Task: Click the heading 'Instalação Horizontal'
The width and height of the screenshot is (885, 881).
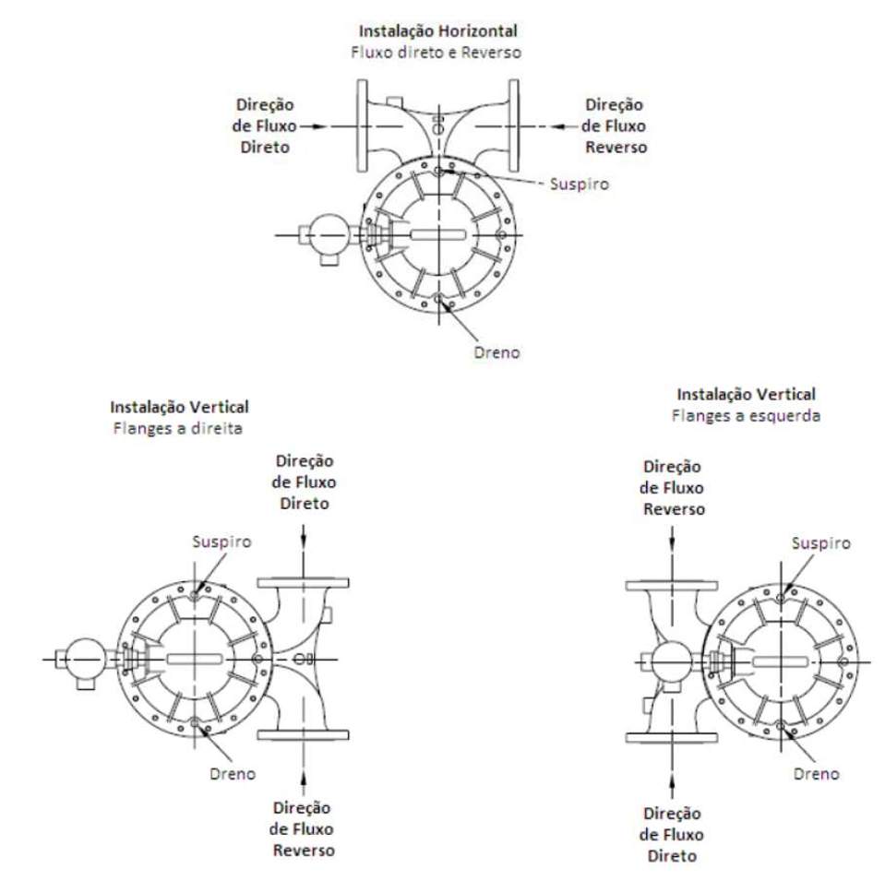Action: pyautogui.click(x=438, y=31)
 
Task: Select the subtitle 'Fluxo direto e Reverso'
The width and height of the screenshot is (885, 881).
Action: pyautogui.click(x=436, y=53)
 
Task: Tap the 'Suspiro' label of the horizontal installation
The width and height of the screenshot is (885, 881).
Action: pyautogui.click(x=580, y=185)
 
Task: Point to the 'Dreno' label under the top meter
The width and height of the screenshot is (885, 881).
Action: pyautogui.click(x=496, y=352)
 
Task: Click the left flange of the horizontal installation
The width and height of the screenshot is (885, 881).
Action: pyautogui.click(x=363, y=125)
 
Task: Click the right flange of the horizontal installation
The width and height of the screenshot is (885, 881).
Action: pyautogui.click(x=514, y=125)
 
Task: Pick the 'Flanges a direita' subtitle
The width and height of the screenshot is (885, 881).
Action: pyautogui.click(x=178, y=428)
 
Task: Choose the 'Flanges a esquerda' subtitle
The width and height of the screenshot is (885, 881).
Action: pyautogui.click(x=746, y=416)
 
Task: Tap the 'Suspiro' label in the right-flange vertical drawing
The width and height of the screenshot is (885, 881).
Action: pyautogui.click(x=221, y=542)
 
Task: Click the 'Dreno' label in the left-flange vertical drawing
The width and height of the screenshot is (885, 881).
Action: pyautogui.click(x=816, y=774)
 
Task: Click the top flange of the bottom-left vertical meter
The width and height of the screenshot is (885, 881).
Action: pyautogui.click(x=303, y=583)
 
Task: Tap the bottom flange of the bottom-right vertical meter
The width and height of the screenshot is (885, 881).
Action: pyautogui.click(x=672, y=738)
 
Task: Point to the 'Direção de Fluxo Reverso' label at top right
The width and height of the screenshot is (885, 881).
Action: pyautogui.click(x=615, y=126)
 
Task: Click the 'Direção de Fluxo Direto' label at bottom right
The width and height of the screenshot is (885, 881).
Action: pyautogui.click(x=672, y=835)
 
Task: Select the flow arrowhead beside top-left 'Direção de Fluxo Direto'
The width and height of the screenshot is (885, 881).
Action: pyautogui.click(x=320, y=126)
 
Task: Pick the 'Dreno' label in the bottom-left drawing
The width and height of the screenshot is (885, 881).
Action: pyautogui.click(x=233, y=774)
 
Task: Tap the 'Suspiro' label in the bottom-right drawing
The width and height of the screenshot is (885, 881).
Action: pyautogui.click(x=820, y=543)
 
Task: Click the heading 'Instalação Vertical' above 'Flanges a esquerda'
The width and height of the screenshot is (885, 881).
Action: pyautogui.click(x=746, y=395)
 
